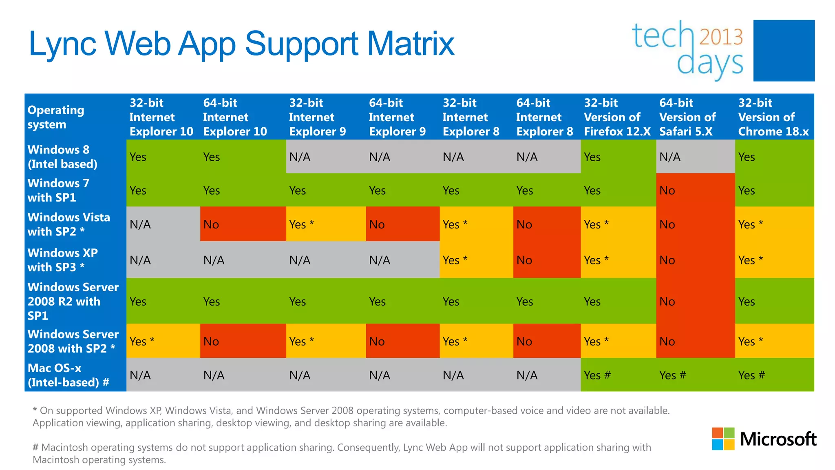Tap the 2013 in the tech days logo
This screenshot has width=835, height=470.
(x=721, y=37)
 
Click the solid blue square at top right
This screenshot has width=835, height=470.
(x=784, y=51)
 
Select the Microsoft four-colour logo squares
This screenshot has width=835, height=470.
(x=723, y=439)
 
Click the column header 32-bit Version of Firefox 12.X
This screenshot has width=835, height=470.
(x=617, y=117)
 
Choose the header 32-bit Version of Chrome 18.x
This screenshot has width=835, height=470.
(x=773, y=117)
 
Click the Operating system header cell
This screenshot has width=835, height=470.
(x=56, y=117)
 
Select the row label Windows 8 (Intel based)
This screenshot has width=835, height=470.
(x=62, y=157)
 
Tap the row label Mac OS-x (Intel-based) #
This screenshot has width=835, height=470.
(x=68, y=375)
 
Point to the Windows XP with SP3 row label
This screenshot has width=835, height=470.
(x=62, y=260)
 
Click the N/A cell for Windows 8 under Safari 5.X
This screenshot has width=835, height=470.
(x=670, y=157)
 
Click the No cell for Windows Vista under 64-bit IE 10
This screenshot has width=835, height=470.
(x=211, y=224)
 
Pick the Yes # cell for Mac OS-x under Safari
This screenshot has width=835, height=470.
(x=673, y=375)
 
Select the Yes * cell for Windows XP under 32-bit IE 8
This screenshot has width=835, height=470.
(x=455, y=260)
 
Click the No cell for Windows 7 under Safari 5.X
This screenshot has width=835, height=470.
(x=667, y=191)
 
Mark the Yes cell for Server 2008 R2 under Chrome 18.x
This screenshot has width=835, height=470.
(x=747, y=302)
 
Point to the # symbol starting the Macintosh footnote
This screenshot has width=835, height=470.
(x=35, y=448)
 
